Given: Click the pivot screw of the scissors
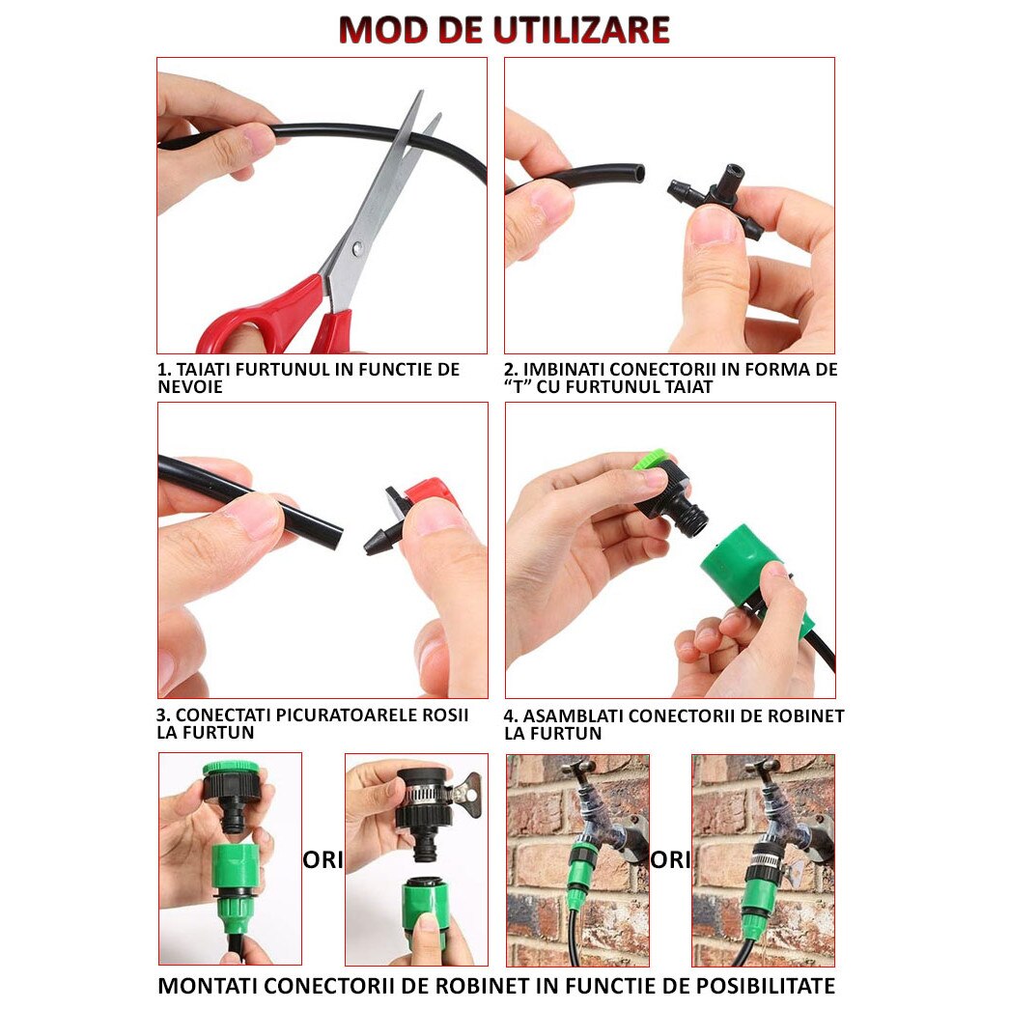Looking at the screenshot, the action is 357,246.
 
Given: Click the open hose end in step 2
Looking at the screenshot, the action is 638,174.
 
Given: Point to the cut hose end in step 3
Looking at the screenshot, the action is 334,537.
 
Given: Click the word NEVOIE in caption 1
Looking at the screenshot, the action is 190,387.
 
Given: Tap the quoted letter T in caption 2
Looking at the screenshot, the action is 518,387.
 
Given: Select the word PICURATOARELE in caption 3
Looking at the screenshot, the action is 322,715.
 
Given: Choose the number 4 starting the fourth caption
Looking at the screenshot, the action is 510,715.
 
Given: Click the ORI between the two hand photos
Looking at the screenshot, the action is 323,859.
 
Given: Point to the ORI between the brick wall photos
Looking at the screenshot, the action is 670,859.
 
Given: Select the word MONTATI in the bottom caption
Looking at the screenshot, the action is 208,986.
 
